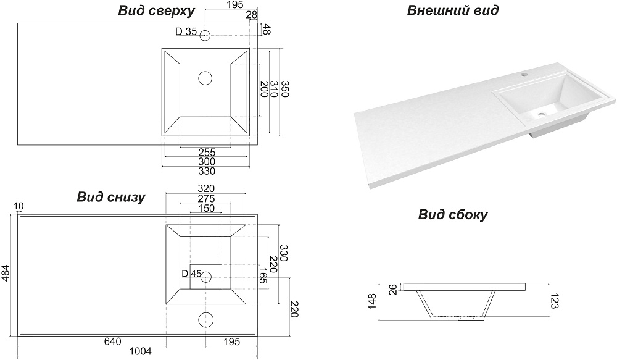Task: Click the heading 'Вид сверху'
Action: tap(156, 11)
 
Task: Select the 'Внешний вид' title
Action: tap(453, 10)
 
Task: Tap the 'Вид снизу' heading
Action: tap(111, 197)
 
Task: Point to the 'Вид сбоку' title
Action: tap(453, 215)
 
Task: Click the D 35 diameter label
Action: tap(186, 31)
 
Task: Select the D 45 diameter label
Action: tap(192, 274)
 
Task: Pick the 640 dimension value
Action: tap(113, 341)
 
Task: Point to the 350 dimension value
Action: tap(284, 90)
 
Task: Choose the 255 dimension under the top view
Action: tap(207, 151)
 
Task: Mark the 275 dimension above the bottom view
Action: tap(206, 198)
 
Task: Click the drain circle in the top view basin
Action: tap(205, 78)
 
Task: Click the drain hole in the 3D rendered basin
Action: tap(543, 114)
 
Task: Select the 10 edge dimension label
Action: tap(17, 206)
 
